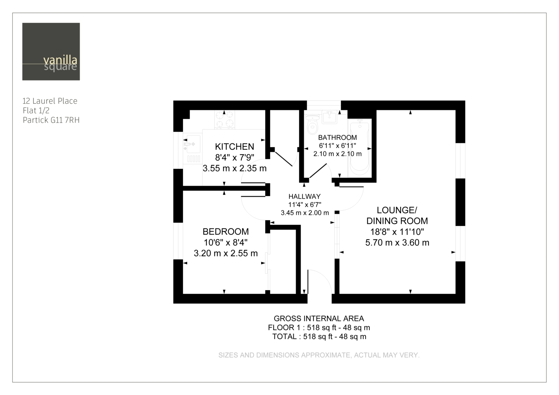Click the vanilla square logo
coord(51,52)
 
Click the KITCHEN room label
coord(234,147)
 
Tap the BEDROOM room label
coord(226,232)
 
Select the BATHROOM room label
coord(337,137)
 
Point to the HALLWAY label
coord(304,196)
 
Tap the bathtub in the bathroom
coord(360,148)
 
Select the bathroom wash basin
coord(329,117)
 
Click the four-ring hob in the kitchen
coord(224,119)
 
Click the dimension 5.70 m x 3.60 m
coord(397,243)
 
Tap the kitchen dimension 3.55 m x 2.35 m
coord(234,168)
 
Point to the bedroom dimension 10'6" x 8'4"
coord(226,242)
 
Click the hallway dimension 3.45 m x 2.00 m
coord(305,213)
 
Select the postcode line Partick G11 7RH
coord(51,120)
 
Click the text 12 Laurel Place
coord(50,101)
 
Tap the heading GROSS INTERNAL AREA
coord(319,319)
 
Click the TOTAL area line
coord(319,337)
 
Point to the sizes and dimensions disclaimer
coord(319,355)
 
